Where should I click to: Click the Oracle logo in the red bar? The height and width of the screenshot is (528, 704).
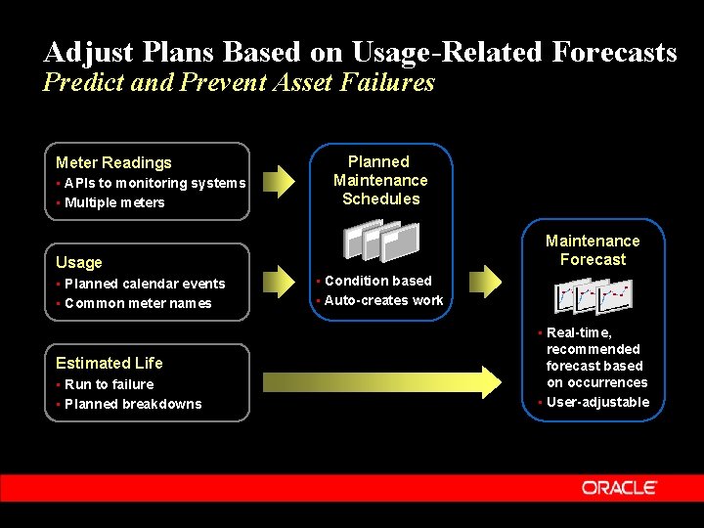(619, 487)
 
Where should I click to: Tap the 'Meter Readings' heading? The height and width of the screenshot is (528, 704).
(113, 162)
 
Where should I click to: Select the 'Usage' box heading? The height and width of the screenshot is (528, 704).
(79, 262)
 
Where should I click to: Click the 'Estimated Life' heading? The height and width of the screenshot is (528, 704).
(109, 363)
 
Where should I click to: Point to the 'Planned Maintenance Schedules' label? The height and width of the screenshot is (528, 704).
(380, 180)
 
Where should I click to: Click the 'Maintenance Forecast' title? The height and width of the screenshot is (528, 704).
(593, 250)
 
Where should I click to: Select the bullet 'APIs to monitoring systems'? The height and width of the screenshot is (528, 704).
(154, 184)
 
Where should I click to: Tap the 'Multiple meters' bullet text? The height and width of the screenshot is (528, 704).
(114, 203)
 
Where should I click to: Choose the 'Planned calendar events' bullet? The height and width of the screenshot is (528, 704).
(145, 284)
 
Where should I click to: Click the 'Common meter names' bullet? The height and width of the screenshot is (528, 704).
(138, 303)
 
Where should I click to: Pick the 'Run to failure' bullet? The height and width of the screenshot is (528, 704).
(109, 384)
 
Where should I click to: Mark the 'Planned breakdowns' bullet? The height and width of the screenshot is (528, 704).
(133, 404)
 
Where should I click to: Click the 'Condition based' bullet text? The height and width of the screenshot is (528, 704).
(377, 281)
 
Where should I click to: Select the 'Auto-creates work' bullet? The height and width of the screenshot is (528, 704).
(383, 300)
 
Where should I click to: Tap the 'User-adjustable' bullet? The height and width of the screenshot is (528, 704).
(597, 402)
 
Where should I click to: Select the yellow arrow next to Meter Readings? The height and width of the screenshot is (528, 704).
(280, 180)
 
